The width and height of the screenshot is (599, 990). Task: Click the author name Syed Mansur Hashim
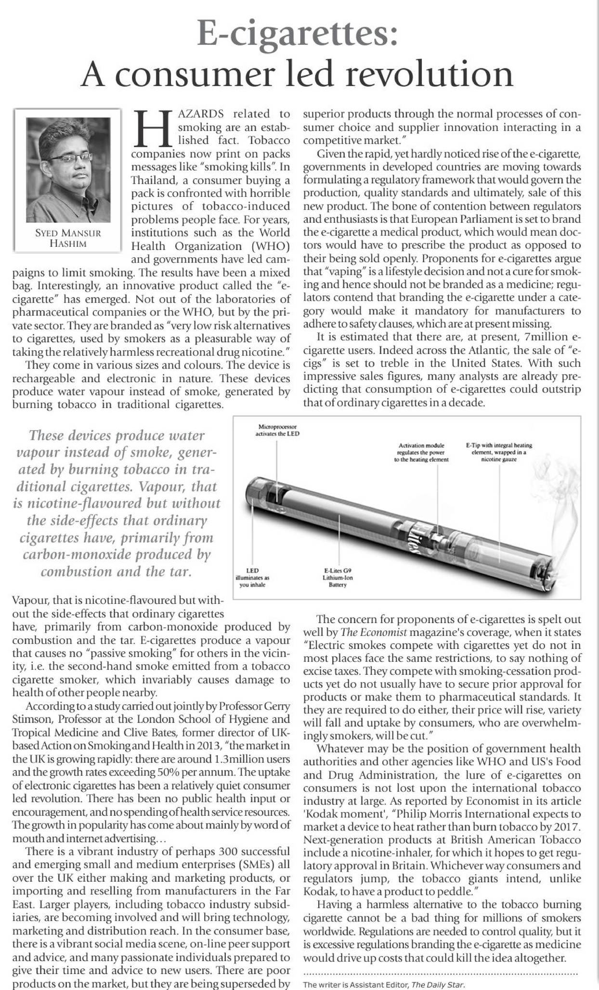[x=68, y=238]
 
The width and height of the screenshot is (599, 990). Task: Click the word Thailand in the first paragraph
[x=154, y=180]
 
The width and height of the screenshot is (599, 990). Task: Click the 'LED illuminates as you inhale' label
[x=252, y=577]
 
